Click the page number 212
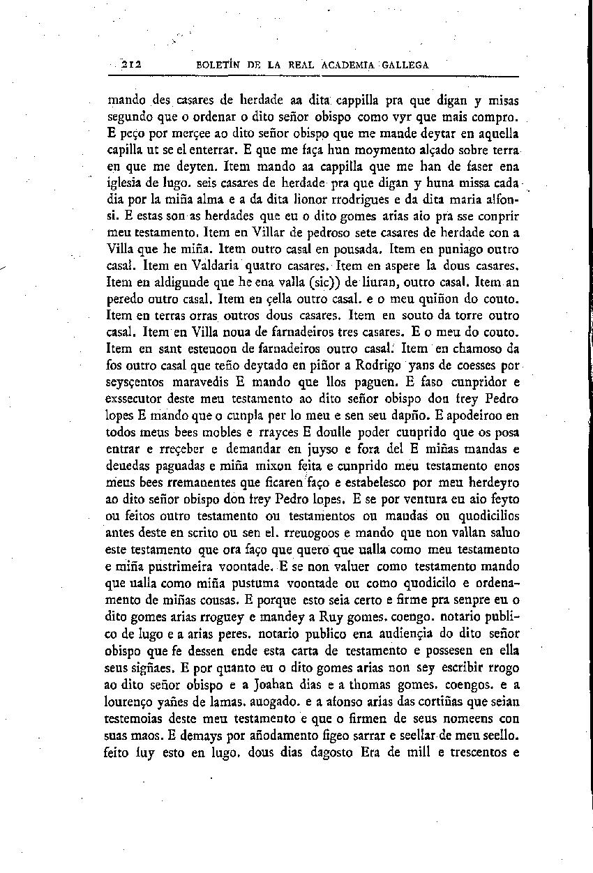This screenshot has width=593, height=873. pyautogui.click(x=131, y=65)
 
